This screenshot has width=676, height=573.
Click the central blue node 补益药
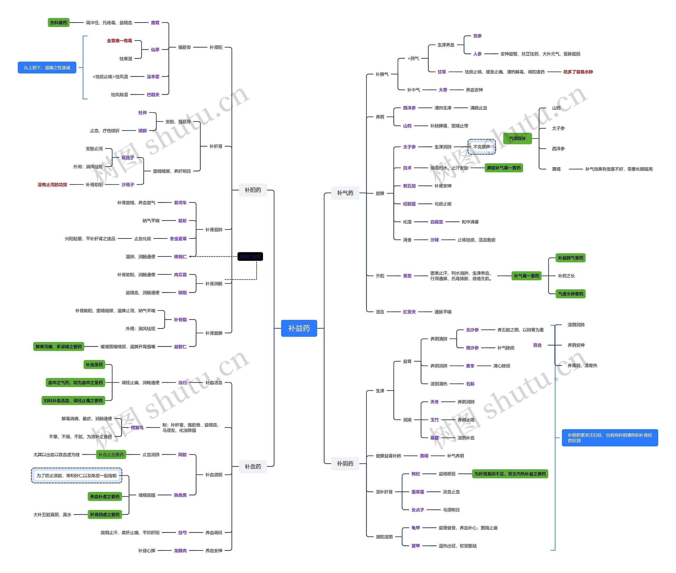pyautogui.click(x=299, y=328)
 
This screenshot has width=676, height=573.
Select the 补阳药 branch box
pyautogui.click(x=253, y=190)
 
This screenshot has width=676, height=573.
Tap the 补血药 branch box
pyautogui.click(x=253, y=467)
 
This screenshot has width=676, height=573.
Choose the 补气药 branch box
pyautogui.click(x=345, y=193)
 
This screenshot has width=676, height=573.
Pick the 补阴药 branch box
pyautogui.click(x=345, y=464)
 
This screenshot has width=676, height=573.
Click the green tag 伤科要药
pyautogui.click(x=58, y=23)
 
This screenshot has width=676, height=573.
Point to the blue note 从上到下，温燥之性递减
pyautogui.click(x=47, y=68)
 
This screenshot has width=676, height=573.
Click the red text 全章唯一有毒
pyautogui.click(x=119, y=41)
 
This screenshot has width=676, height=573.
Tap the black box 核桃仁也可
pyautogui.click(x=250, y=257)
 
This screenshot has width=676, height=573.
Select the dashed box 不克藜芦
pyautogui.click(x=481, y=147)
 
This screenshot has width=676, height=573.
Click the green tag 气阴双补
pyautogui.click(x=517, y=138)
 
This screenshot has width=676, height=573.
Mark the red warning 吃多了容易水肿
pyautogui.click(x=578, y=72)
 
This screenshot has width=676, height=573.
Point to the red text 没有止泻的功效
pyautogui.click(x=52, y=184)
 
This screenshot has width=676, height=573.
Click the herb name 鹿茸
pyautogui.click(x=155, y=23)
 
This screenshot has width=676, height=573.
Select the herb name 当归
pyautogui.click(x=182, y=383)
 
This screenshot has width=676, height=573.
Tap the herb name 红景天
pyautogui.click(x=409, y=312)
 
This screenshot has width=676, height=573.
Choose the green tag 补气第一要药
pyautogui.click(x=526, y=276)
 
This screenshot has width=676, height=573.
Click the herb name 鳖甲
pyautogui.click(x=415, y=546)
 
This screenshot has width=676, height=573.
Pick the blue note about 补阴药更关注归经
pyautogui.click(x=609, y=437)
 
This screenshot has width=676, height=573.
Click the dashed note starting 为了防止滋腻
pyautogui.click(x=77, y=476)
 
